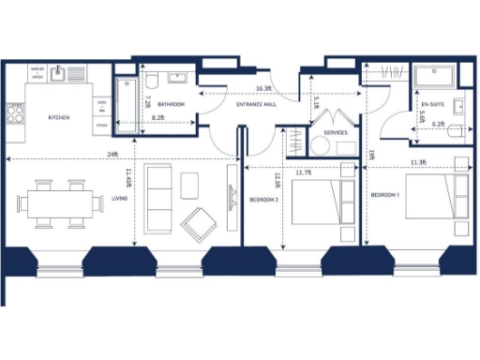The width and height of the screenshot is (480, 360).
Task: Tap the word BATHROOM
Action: [x=170, y=104]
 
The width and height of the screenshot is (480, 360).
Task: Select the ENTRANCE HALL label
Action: [x=257, y=105]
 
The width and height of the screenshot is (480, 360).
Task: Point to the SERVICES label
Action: [x=336, y=133]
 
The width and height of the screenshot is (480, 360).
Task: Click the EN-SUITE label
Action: [x=432, y=104]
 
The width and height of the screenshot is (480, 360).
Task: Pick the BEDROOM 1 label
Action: [x=384, y=194]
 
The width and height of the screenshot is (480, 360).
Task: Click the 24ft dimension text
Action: [x=112, y=153]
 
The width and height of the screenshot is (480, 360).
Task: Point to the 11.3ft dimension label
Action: [x=417, y=162]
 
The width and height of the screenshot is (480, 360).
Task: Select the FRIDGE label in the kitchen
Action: [x=100, y=124]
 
